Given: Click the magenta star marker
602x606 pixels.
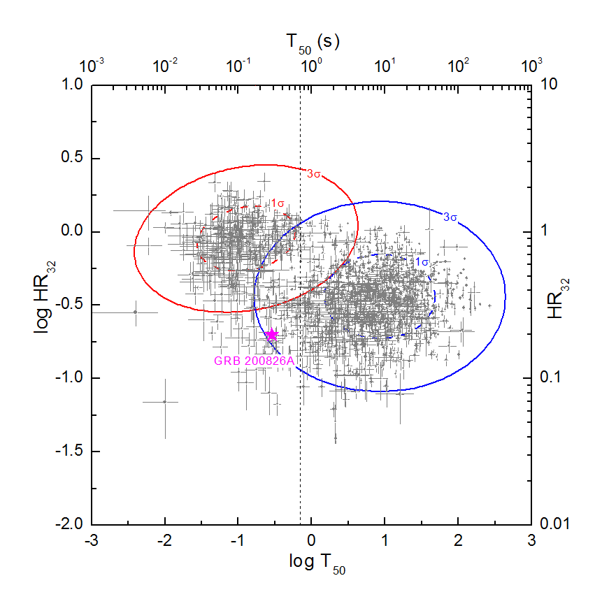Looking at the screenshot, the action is (272, 335).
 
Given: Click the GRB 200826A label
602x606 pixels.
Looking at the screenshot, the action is (254, 361).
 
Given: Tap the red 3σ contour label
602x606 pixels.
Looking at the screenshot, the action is (313, 174).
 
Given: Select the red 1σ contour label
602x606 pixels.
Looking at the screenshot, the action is (277, 203).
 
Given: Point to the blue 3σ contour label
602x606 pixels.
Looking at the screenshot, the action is (450, 217).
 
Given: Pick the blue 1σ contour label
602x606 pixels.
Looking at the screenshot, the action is (422, 262).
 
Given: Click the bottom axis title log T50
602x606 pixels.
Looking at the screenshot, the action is (317, 563).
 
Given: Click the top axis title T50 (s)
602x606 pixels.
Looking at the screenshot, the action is (313, 43).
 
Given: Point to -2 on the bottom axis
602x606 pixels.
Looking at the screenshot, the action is (164, 540).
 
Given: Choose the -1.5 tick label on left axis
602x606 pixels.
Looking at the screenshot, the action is (69, 450).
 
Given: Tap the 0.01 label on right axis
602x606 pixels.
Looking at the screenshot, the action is (555, 524).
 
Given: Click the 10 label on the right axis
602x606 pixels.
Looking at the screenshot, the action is (549, 85).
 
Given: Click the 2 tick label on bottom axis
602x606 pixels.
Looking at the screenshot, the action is (458, 540).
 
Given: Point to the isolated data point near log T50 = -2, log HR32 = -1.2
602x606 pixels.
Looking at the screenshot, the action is (165, 402).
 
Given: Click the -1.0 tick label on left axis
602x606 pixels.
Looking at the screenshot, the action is (69, 377).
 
